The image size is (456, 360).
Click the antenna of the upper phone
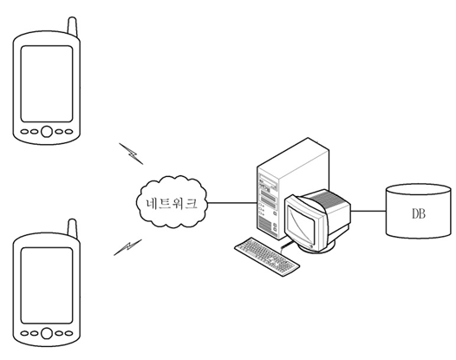coord(72,27)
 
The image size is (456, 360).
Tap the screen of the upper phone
coord(47,84)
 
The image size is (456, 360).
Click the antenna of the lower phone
coord(72,229)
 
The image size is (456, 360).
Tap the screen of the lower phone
coord(47,285)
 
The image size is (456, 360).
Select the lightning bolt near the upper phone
coord(131,154)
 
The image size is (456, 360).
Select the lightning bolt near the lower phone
coord(127,247)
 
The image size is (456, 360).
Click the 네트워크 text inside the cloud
coord(172,203)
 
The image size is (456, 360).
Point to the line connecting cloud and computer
coord(232,203)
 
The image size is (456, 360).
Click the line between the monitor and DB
coord(368,211)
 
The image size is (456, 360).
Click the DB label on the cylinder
coord(419,214)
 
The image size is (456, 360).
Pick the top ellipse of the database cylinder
coord(418,189)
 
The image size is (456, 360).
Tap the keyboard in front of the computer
coord(267,257)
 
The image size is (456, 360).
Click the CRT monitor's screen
coord(301,224)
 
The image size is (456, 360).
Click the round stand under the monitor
coord(318,248)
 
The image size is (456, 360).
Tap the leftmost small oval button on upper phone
coord(25,132)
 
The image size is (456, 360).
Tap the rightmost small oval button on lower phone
coord(68,333)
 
